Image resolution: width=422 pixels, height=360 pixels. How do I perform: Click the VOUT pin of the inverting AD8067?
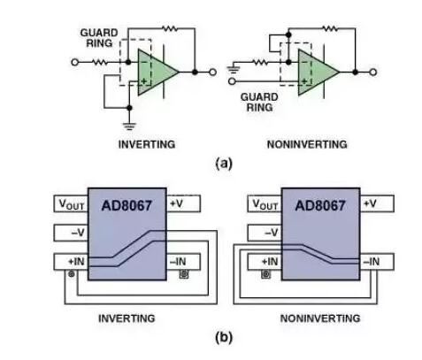click(x=71, y=203)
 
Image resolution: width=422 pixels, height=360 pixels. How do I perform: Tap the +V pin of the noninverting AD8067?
click(x=377, y=203)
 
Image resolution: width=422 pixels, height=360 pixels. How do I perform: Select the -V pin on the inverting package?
click(x=71, y=233)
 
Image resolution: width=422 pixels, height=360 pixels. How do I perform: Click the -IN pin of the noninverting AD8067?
click(x=377, y=262)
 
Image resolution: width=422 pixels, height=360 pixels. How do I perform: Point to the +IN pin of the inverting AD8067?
click(x=71, y=262)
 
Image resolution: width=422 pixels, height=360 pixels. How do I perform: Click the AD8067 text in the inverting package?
click(x=127, y=205)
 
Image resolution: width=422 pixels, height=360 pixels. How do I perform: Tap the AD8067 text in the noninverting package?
click(x=320, y=205)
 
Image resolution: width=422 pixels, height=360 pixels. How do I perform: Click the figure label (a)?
click(x=224, y=163)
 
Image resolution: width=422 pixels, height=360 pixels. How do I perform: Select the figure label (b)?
click(x=224, y=337)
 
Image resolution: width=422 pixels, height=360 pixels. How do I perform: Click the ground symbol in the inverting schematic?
click(x=129, y=126)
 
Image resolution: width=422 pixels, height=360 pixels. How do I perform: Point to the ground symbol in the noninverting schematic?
click(x=234, y=70)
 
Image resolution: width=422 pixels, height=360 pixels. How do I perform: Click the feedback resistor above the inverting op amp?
click(x=170, y=28)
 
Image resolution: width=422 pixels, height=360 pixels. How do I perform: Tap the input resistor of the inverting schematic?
click(x=100, y=62)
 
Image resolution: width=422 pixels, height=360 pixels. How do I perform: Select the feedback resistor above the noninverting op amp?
click(x=330, y=28)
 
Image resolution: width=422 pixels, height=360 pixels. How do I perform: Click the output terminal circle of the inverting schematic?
click(x=212, y=72)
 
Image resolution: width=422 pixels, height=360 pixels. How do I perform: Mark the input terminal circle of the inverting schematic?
click(x=75, y=62)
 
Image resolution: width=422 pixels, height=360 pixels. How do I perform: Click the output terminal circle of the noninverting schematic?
click(x=373, y=72)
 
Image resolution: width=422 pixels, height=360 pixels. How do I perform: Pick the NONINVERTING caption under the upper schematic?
click(x=307, y=144)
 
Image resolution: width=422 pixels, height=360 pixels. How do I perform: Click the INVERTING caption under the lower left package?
click(x=127, y=318)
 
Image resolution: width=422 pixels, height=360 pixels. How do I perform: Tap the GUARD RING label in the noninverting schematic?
click(x=259, y=102)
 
